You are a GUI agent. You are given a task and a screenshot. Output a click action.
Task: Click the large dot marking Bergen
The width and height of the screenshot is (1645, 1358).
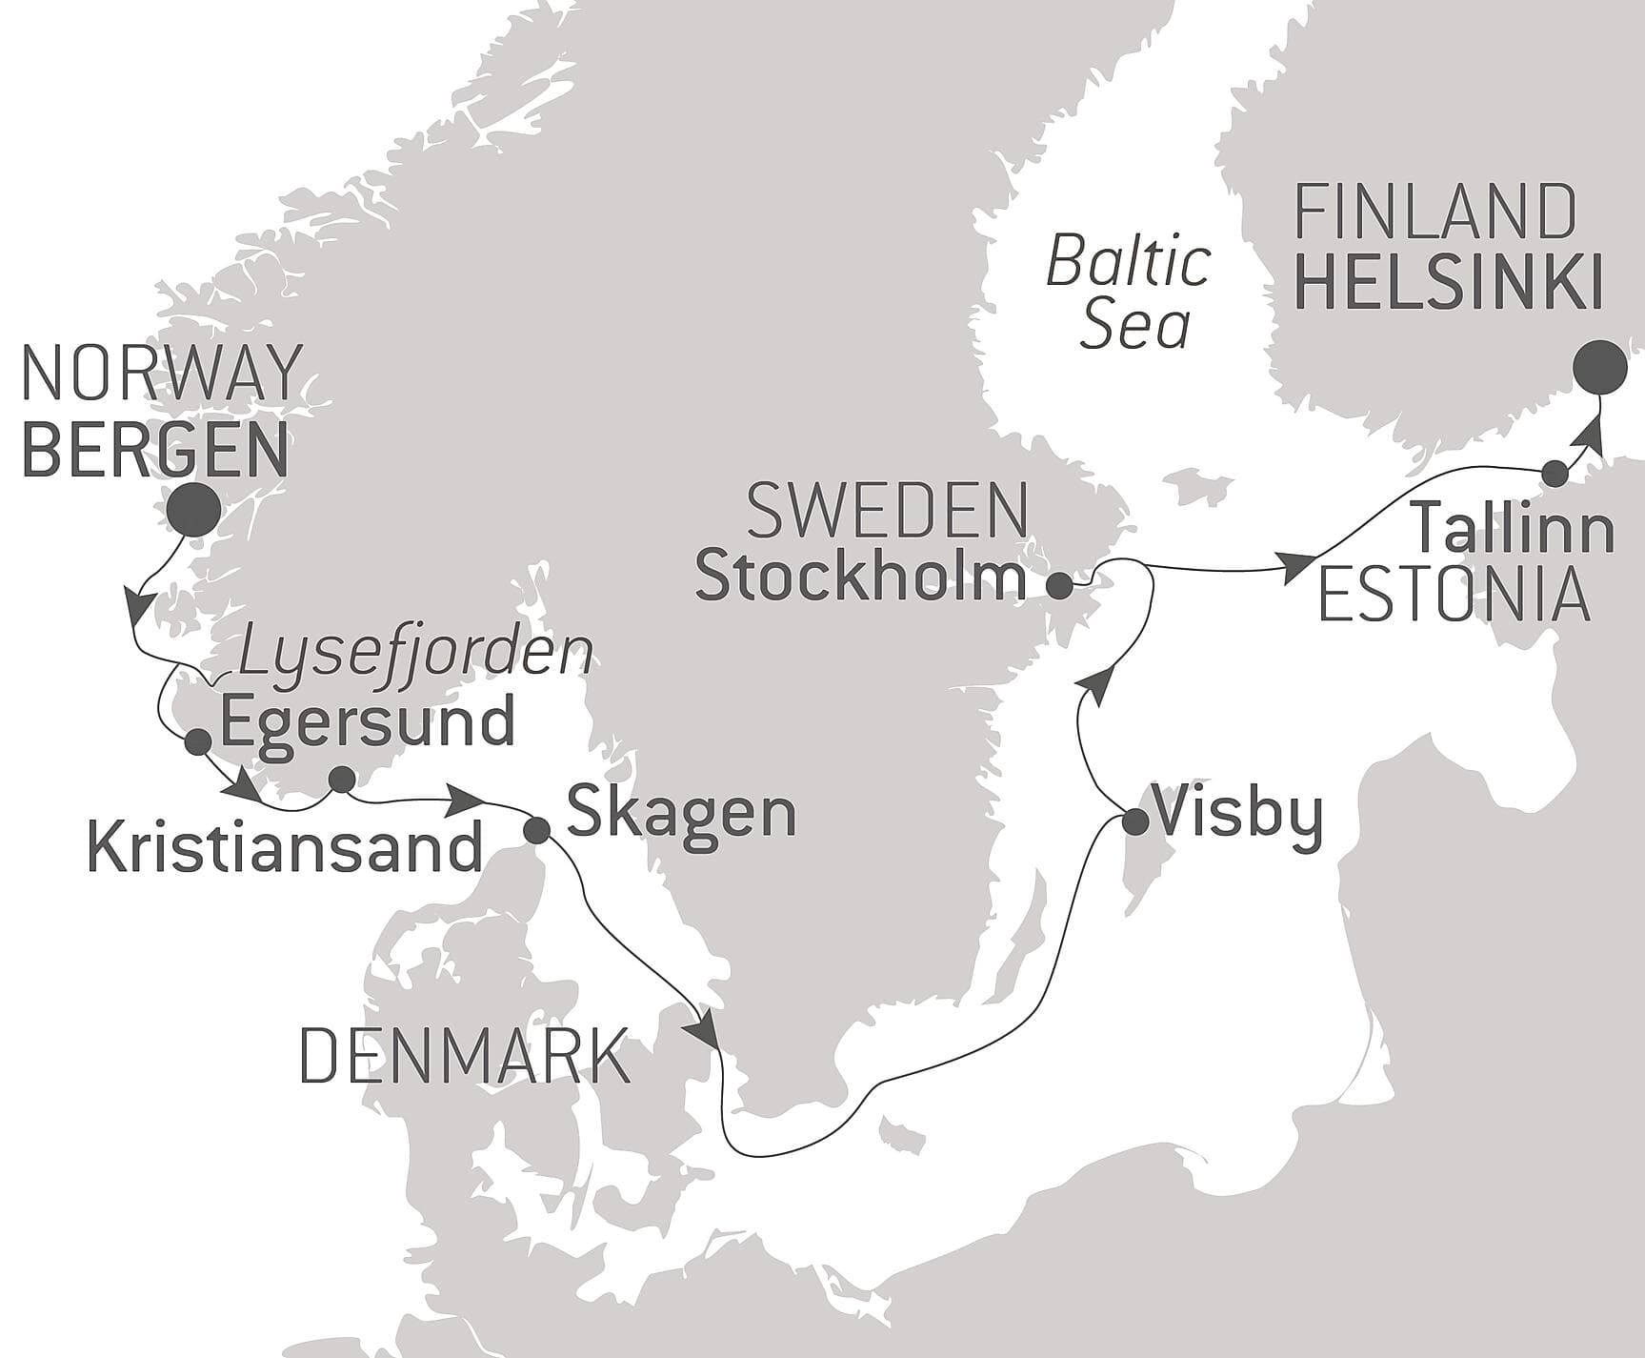(x=193, y=510)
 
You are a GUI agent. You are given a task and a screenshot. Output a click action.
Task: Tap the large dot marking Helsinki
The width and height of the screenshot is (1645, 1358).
(x=1597, y=367)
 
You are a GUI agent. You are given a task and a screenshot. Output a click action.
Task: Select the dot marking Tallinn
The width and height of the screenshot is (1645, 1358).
(x=1554, y=473)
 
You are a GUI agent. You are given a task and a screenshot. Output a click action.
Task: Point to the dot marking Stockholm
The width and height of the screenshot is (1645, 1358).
(x=1059, y=585)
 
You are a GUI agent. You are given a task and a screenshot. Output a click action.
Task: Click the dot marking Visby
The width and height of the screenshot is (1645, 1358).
(x=1134, y=821)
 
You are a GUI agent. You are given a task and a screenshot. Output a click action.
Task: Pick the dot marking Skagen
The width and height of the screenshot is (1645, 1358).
(x=537, y=830)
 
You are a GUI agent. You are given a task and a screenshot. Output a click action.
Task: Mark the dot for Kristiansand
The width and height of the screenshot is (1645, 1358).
(x=340, y=780)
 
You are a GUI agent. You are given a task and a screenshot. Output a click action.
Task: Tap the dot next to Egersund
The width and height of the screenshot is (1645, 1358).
(x=198, y=741)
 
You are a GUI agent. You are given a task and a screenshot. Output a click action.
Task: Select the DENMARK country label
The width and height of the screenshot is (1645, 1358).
(x=465, y=1056)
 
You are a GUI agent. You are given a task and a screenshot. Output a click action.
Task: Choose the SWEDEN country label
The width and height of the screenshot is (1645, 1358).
(x=888, y=512)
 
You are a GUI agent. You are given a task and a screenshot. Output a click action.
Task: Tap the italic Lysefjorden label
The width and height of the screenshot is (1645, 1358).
(x=414, y=653)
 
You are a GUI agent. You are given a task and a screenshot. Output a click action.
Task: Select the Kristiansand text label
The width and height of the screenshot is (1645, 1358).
(x=284, y=848)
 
